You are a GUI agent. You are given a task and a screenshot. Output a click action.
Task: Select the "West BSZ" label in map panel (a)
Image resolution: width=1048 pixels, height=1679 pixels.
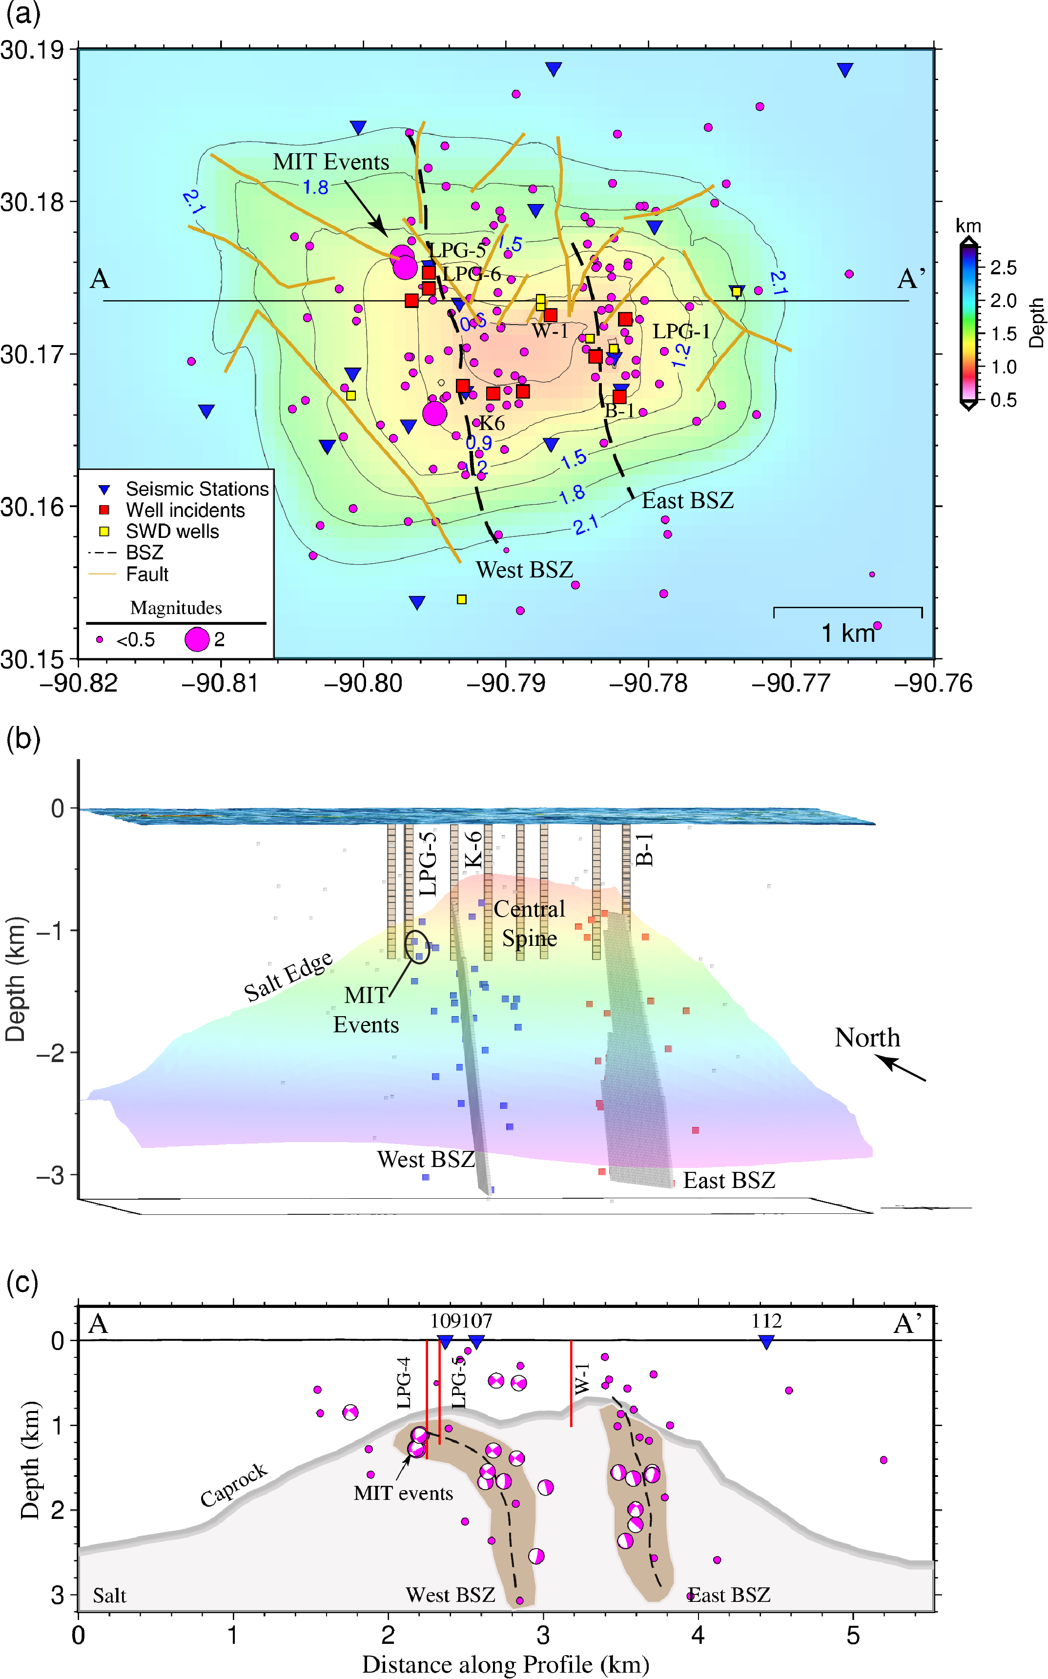click(x=525, y=570)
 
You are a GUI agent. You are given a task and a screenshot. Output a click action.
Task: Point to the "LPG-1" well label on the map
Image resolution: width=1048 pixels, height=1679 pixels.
click(x=681, y=331)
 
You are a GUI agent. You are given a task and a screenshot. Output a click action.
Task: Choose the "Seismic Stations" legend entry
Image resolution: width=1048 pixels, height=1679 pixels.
click(x=197, y=489)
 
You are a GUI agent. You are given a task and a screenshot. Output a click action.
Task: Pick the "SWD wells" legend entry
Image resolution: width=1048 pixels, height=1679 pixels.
click(x=172, y=532)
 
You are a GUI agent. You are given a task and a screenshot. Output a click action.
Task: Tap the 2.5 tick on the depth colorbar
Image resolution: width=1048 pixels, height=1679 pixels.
click(x=1003, y=267)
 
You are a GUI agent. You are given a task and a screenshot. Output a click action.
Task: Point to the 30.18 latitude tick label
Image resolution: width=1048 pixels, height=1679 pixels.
click(x=32, y=203)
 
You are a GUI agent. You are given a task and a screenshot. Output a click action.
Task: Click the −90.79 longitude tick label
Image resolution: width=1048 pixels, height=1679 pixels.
click(x=506, y=683)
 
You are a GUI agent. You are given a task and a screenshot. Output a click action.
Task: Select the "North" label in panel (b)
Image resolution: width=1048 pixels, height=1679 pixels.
click(x=867, y=1037)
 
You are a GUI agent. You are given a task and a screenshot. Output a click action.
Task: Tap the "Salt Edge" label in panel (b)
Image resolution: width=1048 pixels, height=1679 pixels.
click(x=288, y=977)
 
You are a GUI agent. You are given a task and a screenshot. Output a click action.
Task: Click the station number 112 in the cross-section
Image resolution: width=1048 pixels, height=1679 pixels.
click(x=766, y=1321)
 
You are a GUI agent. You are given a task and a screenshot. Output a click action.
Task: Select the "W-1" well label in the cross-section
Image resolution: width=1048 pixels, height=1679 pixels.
click(x=582, y=1378)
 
